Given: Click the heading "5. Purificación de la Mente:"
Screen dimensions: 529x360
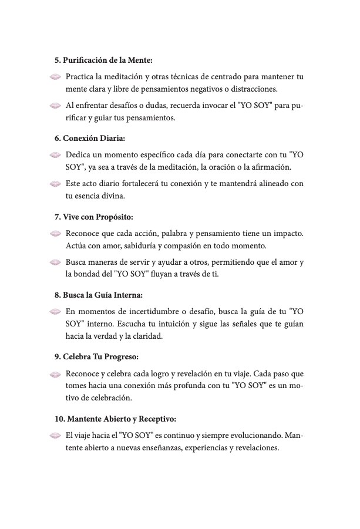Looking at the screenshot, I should [x=104, y=60].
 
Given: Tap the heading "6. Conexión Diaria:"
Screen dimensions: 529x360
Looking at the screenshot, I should [x=90, y=139].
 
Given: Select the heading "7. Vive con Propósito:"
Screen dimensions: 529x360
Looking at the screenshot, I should [x=93, y=217].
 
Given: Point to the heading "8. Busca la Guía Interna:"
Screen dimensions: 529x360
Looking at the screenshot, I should [x=99, y=294].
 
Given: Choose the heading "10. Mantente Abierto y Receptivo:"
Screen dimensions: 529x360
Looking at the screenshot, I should [x=115, y=419].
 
